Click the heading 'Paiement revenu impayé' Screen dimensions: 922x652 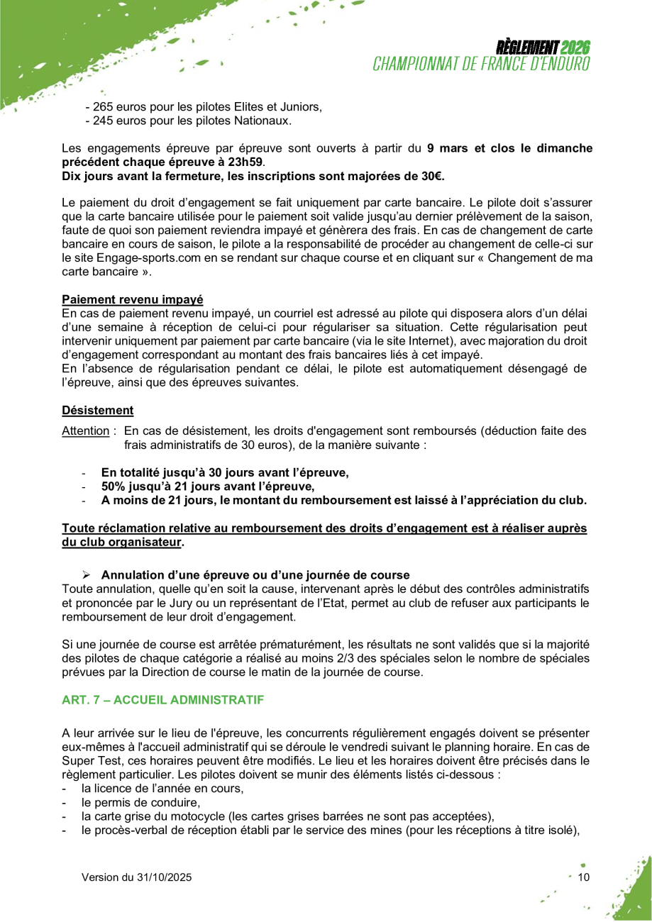pyautogui.click(x=133, y=299)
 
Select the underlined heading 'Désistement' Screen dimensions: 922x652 pyautogui.click(x=98, y=410)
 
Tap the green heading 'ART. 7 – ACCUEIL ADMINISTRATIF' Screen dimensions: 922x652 pyautogui.click(x=162, y=700)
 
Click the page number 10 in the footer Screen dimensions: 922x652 pyautogui.click(x=584, y=877)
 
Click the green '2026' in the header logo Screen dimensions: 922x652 pyautogui.click(x=575, y=48)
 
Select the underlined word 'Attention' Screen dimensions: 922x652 pyautogui.click(x=85, y=431)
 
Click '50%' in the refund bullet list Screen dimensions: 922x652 pyautogui.click(x=113, y=486)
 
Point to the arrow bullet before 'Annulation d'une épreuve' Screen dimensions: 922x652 pyautogui.click(x=87, y=574)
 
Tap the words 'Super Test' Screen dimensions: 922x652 pyautogui.click(x=87, y=759)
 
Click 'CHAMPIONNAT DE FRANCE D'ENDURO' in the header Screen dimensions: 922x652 pyautogui.click(x=482, y=64)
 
